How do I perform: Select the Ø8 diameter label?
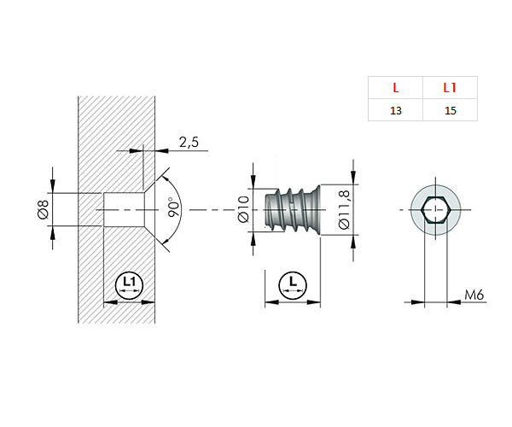(42, 209)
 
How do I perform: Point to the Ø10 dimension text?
(242, 210)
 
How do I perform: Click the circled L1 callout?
(129, 283)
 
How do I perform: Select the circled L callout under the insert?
(293, 283)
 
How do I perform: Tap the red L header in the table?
(395, 88)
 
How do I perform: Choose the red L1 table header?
(450, 88)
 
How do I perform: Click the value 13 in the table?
(395, 111)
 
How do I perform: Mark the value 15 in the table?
(450, 111)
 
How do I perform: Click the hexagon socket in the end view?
(435, 209)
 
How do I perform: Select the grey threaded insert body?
(286, 210)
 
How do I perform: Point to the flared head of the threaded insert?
(314, 210)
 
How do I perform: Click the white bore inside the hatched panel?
(119, 209)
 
